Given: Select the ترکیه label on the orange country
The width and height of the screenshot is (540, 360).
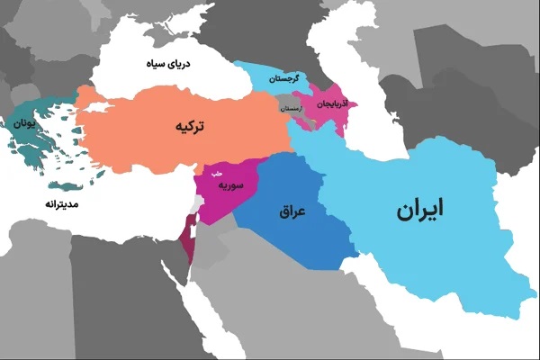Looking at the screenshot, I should click(190, 128).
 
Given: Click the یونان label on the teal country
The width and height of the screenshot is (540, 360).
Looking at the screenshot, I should click(26, 124).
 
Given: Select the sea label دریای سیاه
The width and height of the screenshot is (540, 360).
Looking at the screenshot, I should click(169, 65).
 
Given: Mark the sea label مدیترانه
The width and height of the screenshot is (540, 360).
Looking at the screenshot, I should click(63, 205).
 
